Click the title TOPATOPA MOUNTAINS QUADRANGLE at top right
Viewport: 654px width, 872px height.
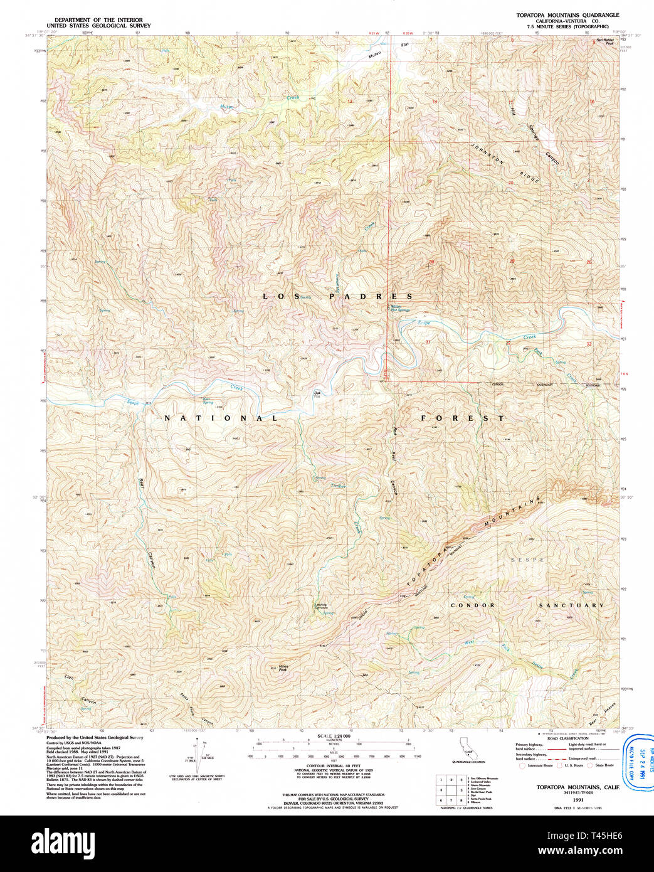[x=567, y=14]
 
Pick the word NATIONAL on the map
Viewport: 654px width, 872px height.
[x=221, y=418]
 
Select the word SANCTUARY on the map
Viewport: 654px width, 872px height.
[x=572, y=605]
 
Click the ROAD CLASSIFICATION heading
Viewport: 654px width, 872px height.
[x=567, y=738]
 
